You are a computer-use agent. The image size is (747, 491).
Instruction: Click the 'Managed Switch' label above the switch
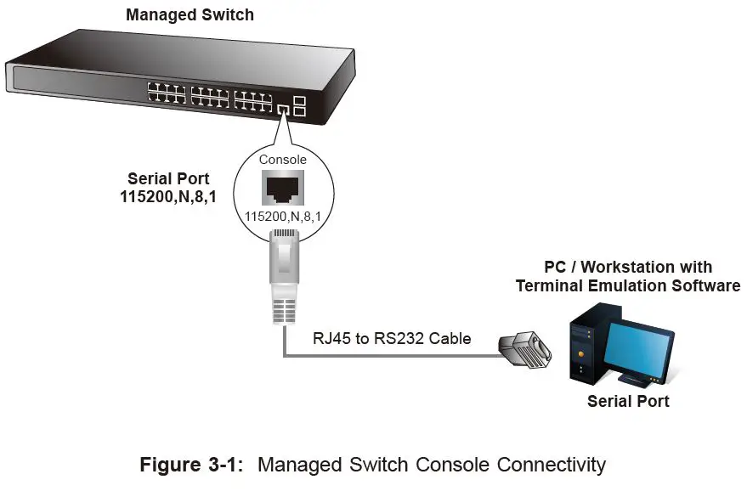click(x=190, y=14)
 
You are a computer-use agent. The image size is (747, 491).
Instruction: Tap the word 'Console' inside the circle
click(x=283, y=160)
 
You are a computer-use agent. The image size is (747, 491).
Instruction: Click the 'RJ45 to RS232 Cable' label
click(x=392, y=338)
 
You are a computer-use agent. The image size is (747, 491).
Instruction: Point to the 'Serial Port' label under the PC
click(x=628, y=401)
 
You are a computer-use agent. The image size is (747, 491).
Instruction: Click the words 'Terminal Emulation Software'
click(x=628, y=285)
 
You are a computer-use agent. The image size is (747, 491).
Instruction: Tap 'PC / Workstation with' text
click(x=628, y=267)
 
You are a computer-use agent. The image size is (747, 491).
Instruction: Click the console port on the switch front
click(x=283, y=108)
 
